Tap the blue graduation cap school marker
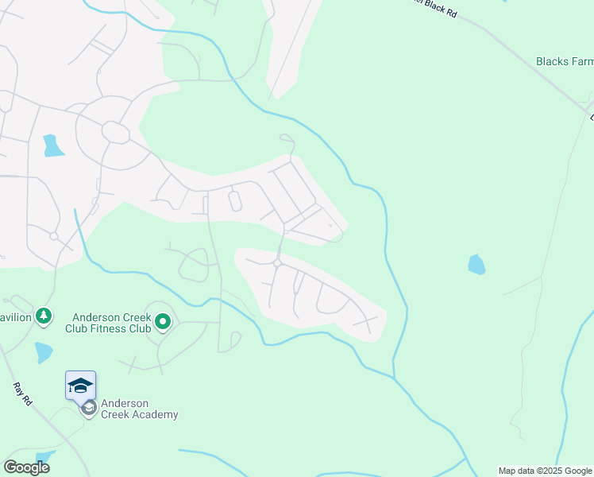point(80,386)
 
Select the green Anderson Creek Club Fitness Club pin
point(163,322)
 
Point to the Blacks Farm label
point(565,61)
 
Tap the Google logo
point(26,467)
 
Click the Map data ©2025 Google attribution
point(545,471)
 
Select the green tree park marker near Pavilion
point(44,317)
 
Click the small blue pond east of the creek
point(476,265)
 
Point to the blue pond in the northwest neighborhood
point(52,145)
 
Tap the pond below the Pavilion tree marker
point(43,351)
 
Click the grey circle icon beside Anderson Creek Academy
point(89,408)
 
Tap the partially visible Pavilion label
point(15,317)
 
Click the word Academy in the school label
point(156,414)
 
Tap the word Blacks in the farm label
point(551,61)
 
